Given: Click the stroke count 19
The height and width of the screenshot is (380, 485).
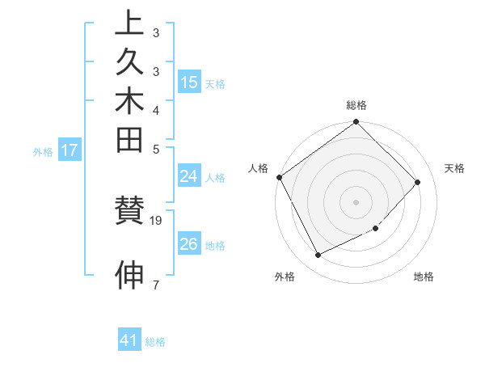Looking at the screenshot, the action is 157,220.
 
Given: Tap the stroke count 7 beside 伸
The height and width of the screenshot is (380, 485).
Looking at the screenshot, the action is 155,284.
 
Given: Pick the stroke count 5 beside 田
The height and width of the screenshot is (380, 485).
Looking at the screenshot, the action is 155,149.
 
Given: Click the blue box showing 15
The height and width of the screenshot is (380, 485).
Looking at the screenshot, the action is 189,82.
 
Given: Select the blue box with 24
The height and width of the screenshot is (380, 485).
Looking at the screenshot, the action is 189,177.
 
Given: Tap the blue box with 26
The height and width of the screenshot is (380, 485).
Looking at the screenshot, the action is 189,244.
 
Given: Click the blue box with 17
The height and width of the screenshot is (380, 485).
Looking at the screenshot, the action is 70,150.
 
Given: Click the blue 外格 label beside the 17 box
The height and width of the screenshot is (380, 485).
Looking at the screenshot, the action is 43,151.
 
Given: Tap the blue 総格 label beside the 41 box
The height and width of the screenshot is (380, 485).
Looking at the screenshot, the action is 155,342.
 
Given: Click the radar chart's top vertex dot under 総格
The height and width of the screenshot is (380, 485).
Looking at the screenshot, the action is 356,123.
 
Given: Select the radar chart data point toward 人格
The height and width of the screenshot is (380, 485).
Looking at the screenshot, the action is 280,177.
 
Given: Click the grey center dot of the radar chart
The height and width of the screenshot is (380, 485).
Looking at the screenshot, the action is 356,201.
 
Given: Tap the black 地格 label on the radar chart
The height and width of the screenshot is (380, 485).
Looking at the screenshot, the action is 424,277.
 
